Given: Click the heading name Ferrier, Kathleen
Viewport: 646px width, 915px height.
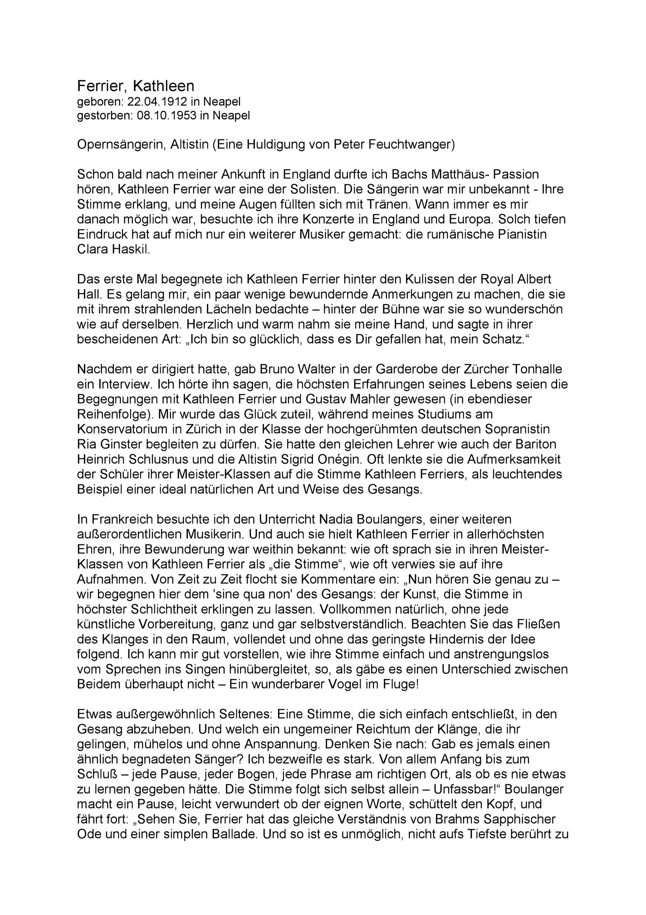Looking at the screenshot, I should [x=136, y=86].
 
